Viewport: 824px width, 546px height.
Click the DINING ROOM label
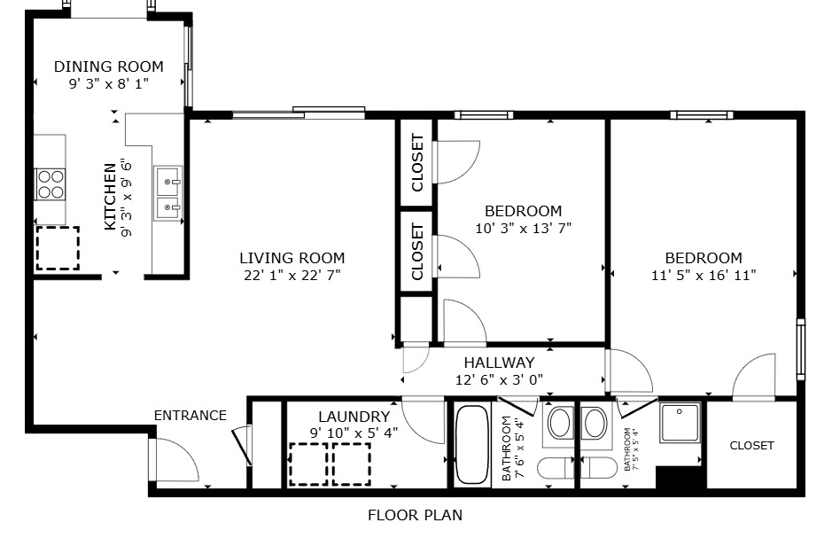click(x=108, y=66)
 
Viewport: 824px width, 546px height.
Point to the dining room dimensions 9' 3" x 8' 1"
click(x=108, y=84)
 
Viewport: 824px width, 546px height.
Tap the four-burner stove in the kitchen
click(x=51, y=183)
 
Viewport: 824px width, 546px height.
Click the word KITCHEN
click(x=110, y=196)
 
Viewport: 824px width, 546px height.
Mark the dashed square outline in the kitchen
click(x=57, y=248)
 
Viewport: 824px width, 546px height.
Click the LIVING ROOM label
click(x=292, y=258)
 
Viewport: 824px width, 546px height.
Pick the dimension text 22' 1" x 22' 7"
click(x=292, y=275)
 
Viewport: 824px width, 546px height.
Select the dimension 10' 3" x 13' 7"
click(x=523, y=228)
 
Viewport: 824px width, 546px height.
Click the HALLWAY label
click(x=499, y=363)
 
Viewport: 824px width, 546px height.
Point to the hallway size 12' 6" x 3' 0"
click(x=499, y=379)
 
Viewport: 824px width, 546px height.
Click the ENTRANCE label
click(x=190, y=415)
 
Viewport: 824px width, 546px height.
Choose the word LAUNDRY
click(x=354, y=417)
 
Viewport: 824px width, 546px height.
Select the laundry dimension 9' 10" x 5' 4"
click(x=354, y=433)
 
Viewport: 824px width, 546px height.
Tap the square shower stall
click(x=680, y=423)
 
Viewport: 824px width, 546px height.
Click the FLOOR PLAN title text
click(x=415, y=515)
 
